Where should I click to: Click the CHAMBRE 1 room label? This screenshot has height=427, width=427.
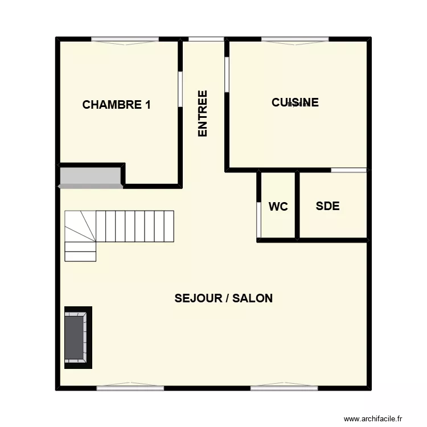[x=117, y=105]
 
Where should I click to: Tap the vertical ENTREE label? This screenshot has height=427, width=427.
[x=203, y=113]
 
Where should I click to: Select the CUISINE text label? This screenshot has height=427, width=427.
[x=295, y=102]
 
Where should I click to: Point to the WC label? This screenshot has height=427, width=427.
[x=278, y=207]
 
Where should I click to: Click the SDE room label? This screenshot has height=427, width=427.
[x=327, y=206]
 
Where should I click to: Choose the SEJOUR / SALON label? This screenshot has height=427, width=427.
[x=224, y=298]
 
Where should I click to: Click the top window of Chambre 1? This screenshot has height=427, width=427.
[x=125, y=39]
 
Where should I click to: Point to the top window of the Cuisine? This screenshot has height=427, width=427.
[x=295, y=39]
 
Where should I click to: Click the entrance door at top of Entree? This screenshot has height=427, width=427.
[x=206, y=39]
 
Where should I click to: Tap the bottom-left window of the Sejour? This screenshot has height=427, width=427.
[x=130, y=388]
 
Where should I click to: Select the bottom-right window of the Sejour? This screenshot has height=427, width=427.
[x=284, y=388]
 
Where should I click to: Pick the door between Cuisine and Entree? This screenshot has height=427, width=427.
[x=227, y=74]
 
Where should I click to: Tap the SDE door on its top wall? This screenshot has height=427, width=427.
[x=349, y=170]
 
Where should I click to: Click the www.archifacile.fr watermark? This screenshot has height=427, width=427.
[x=376, y=418]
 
